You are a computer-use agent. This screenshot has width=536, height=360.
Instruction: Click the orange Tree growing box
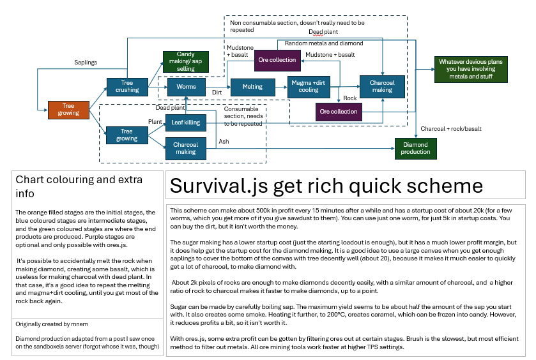68,110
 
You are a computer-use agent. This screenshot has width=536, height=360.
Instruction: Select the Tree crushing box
126,86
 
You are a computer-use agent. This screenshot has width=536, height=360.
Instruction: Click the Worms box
186,86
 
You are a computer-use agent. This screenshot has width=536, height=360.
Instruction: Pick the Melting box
252,86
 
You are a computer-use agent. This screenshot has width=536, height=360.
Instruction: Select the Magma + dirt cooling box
309,86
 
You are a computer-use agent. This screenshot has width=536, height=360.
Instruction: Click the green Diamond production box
415,148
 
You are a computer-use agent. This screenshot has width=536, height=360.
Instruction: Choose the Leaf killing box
186,122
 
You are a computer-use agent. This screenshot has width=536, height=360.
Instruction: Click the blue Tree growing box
126,135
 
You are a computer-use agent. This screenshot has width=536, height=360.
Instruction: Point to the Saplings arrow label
86,62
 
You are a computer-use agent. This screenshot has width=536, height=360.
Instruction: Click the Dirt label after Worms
217,93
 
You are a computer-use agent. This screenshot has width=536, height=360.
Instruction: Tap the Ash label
224,141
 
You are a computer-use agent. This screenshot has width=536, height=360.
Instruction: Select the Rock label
349,98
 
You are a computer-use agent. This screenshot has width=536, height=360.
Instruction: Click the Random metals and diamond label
323,43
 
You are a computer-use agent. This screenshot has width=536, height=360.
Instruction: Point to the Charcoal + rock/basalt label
450,128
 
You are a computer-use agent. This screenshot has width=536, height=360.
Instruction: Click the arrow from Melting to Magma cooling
280,86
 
